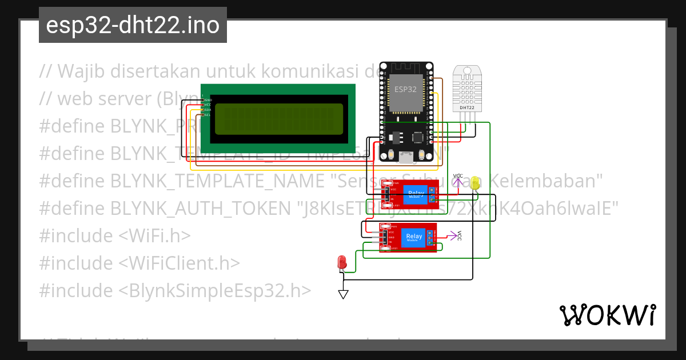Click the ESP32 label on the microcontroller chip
(405, 89)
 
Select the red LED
(342, 263)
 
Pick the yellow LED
(474, 183)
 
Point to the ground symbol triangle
(343, 294)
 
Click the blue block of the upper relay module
(415, 194)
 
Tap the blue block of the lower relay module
(413, 237)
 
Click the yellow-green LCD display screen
(278, 119)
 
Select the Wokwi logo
(607, 315)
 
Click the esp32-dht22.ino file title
(133, 25)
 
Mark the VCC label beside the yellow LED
(458, 176)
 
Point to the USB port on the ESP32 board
(406, 157)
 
